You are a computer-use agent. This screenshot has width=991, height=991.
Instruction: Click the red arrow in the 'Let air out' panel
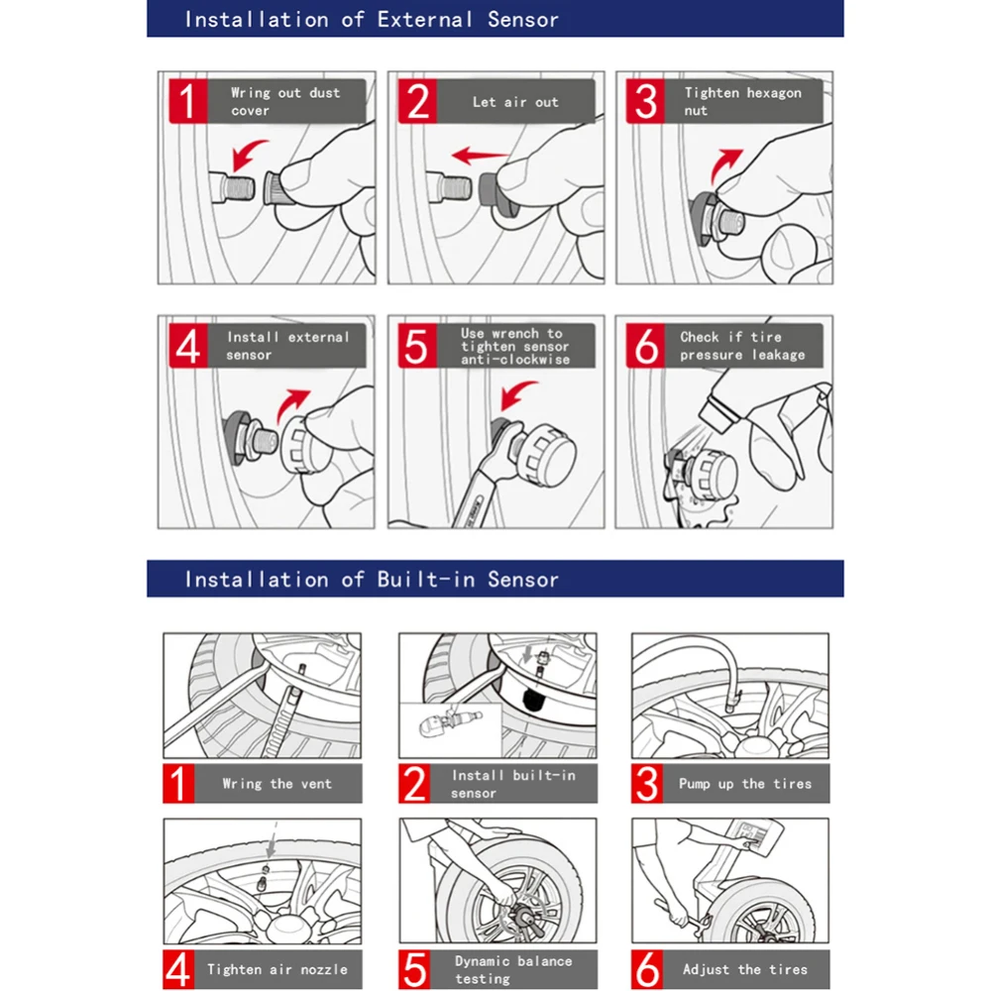(x=479, y=155)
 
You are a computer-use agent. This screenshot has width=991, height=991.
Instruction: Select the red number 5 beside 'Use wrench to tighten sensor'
(x=416, y=346)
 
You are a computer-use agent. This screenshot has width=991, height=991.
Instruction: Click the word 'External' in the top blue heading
(x=425, y=20)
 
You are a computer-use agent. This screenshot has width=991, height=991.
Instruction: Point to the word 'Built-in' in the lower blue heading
(x=425, y=580)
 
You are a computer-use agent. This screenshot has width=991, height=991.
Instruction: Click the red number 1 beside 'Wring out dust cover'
(x=187, y=101)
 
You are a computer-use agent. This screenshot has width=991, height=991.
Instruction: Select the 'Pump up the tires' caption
(x=745, y=784)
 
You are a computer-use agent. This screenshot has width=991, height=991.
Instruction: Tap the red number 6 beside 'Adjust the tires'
(x=647, y=969)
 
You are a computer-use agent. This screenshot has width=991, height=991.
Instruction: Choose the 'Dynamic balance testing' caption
(x=513, y=969)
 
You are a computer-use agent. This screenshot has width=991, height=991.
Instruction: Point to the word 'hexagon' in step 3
(x=774, y=93)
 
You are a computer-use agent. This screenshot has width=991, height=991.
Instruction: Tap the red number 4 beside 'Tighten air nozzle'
(x=178, y=969)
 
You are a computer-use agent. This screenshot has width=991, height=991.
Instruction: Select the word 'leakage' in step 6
(x=778, y=355)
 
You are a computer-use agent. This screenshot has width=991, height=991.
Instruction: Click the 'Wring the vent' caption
(x=276, y=784)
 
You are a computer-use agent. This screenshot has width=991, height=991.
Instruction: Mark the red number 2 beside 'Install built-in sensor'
(x=414, y=784)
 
